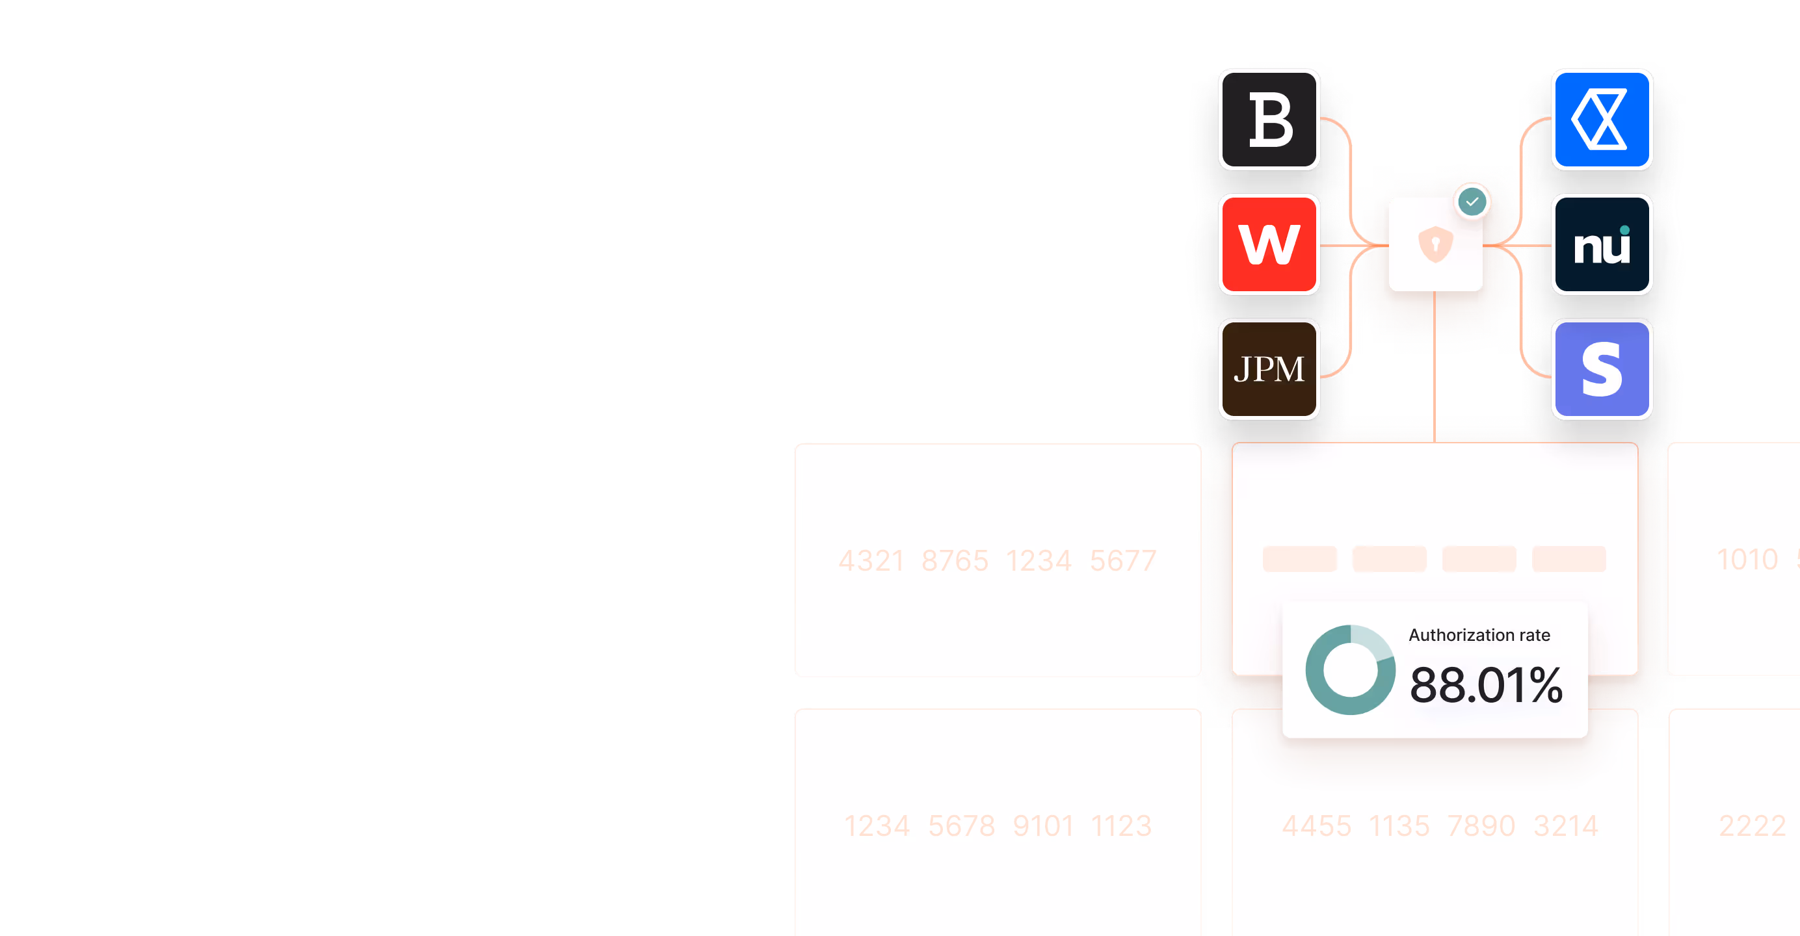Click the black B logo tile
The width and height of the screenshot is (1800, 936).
[1269, 120]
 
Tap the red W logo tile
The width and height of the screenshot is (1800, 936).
[1269, 244]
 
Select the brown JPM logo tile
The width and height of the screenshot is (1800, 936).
[1269, 369]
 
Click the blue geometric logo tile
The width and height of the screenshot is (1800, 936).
[1602, 120]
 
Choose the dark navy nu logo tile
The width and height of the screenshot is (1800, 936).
[1602, 244]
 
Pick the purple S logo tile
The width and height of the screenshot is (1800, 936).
[1602, 369]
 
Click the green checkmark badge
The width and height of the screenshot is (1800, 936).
[1472, 202]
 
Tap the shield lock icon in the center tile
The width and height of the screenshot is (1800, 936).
[1435, 244]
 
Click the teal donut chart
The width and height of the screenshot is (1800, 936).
[1350, 669]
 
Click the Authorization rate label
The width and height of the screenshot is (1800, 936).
[1479, 635]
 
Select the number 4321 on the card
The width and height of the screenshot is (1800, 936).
[871, 561]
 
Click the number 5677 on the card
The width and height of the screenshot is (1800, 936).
[1123, 561]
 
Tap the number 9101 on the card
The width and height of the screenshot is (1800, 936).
[1042, 826]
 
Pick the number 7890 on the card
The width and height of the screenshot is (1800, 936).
[1481, 826]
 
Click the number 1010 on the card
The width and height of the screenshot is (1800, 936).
[1747, 560]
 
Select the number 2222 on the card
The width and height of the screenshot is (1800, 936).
[1752, 826]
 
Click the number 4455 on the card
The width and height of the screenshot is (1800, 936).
[1316, 826]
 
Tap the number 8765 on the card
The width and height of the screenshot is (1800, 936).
[955, 561]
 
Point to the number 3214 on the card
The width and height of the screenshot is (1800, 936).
[1565, 826]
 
